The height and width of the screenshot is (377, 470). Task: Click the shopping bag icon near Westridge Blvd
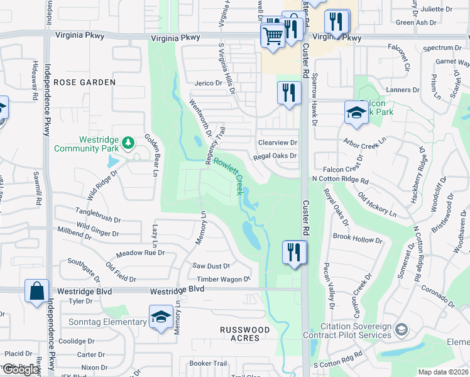click(36, 291)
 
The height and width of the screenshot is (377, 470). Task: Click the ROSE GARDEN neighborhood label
click(84, 82)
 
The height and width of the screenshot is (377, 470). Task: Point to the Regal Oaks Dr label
click(275, 156)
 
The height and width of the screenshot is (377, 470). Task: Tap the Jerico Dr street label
click(209, 83)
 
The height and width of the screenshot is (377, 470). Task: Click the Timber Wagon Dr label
click(224, 279)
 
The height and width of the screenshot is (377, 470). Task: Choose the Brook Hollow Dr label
click(358, 239)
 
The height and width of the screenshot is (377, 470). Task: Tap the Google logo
click(20, 369)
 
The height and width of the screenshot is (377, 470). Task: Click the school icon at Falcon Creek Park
click(356, 112)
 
